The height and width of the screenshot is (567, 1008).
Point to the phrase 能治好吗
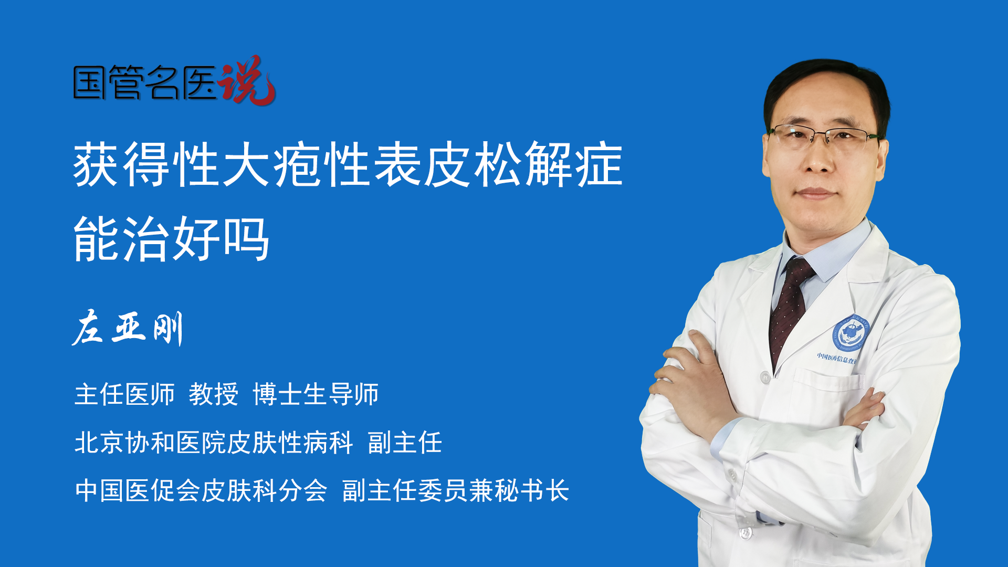(x=171, y=239)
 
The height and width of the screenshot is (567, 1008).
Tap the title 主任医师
(x=124, y=394)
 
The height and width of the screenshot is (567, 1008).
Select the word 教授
(x=213, y=394)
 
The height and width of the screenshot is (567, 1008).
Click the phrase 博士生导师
(x=316, y=394)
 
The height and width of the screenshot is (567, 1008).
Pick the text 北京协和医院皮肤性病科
(x=214, y=443)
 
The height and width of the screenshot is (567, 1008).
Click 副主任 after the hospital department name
(x=405, y=443)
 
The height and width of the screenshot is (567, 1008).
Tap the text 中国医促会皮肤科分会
(x=201, y=491)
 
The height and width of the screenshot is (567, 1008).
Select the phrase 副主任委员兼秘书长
(x=456, y=491)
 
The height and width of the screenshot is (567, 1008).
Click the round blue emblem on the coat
(x=850, y=334)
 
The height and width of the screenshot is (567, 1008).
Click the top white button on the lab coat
(x=765, y=376)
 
